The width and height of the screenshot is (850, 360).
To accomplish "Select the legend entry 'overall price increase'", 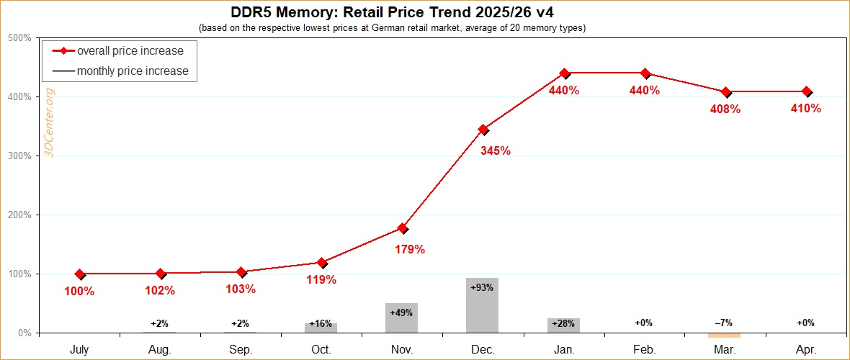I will tap(130, 51).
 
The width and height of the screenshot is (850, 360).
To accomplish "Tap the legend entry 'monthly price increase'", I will tap(133, 71).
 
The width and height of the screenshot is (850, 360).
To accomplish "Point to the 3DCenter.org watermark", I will tap(50, 122).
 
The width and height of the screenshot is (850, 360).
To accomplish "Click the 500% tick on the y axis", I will tap(19, 37).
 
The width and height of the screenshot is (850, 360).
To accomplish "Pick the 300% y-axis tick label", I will tap(19, 156).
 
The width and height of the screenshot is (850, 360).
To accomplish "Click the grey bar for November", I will tap(402, 318).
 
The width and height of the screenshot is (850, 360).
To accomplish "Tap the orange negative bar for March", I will tap(725, 335).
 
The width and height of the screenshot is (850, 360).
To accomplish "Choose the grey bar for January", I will tap(563, 325).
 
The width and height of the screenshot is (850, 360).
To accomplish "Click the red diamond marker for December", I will tap(483, 130).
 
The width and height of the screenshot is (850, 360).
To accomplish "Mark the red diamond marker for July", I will tap(79, 274).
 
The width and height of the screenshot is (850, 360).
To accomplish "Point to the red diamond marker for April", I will tap(806, 92).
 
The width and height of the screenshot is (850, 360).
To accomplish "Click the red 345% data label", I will tap(496, 150).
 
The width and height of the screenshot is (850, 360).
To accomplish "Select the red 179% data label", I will tap(410, 250).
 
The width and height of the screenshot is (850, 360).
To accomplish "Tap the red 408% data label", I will tap(725, 109).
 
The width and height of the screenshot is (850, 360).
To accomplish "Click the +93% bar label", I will tap(482, 287).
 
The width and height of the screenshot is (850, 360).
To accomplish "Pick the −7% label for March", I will tap(725, 323).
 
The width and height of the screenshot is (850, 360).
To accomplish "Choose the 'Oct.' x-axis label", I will tap(321, 349).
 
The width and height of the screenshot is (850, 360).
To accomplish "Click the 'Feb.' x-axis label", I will tap(644, 349).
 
